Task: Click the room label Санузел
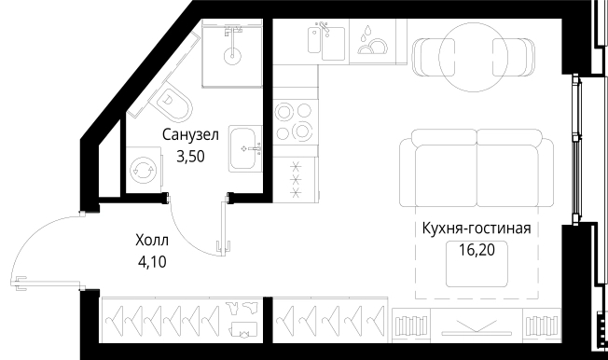click(x=190, y=135)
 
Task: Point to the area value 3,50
click(x=190, y=156)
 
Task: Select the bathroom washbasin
click(x=245, y=147)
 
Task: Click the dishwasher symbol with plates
click(x=372, y=43)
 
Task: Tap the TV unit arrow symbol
click(x=476, y=326)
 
